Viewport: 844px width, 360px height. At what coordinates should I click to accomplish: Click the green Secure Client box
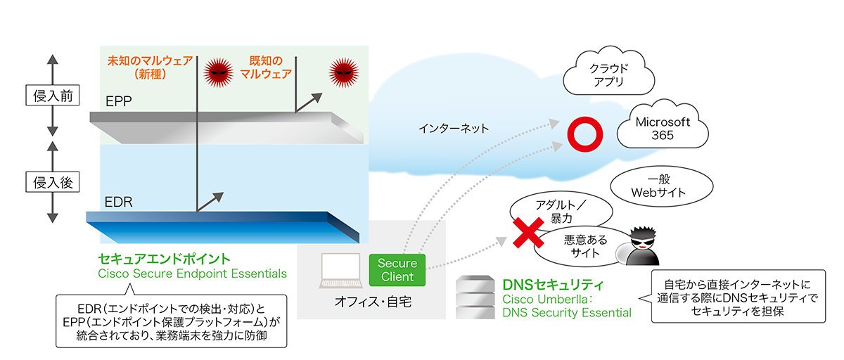[397, 269]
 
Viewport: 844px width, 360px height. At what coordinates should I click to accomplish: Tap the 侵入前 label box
[52, 95]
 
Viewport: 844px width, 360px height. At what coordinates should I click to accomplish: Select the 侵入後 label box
[52, 182]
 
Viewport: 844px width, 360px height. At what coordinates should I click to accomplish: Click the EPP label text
[118, 101]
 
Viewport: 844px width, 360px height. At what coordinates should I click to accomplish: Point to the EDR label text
[118, 202]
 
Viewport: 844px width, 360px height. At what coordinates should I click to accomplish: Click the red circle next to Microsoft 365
[584, 134]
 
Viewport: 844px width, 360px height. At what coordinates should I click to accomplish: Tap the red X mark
[528, 232]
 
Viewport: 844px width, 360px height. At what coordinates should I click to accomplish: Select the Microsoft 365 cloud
[663, 124]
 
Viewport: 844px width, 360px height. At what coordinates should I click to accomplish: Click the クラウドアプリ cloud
[608, 72]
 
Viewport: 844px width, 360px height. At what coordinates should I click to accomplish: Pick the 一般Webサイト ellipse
[661, 186]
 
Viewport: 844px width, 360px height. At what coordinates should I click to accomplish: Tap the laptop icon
[340, 271]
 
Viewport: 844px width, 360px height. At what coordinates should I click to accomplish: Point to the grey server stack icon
[475, 297]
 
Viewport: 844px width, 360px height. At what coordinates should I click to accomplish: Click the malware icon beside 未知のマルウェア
[219, 72]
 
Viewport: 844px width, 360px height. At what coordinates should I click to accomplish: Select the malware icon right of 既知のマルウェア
[343, 72]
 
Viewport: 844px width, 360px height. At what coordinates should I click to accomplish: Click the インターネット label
[454, 129]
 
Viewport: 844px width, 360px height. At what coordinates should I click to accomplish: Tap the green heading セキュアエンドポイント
[164, 259]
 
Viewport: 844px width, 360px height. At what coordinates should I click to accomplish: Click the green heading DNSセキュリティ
[553, 284]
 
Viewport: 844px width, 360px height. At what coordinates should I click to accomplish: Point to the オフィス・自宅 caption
[373, 301]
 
